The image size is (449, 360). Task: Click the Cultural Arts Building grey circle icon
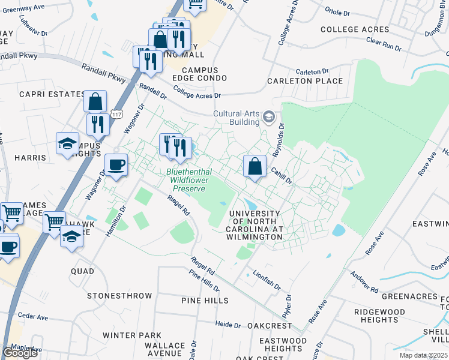[268, 117]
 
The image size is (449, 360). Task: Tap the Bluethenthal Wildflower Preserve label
[185, 180]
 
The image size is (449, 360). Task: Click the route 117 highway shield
[116, 113]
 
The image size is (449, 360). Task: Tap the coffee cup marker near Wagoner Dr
[116, 164]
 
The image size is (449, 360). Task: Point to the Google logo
[20, 353]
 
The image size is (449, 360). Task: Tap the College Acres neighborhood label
[355, 29]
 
